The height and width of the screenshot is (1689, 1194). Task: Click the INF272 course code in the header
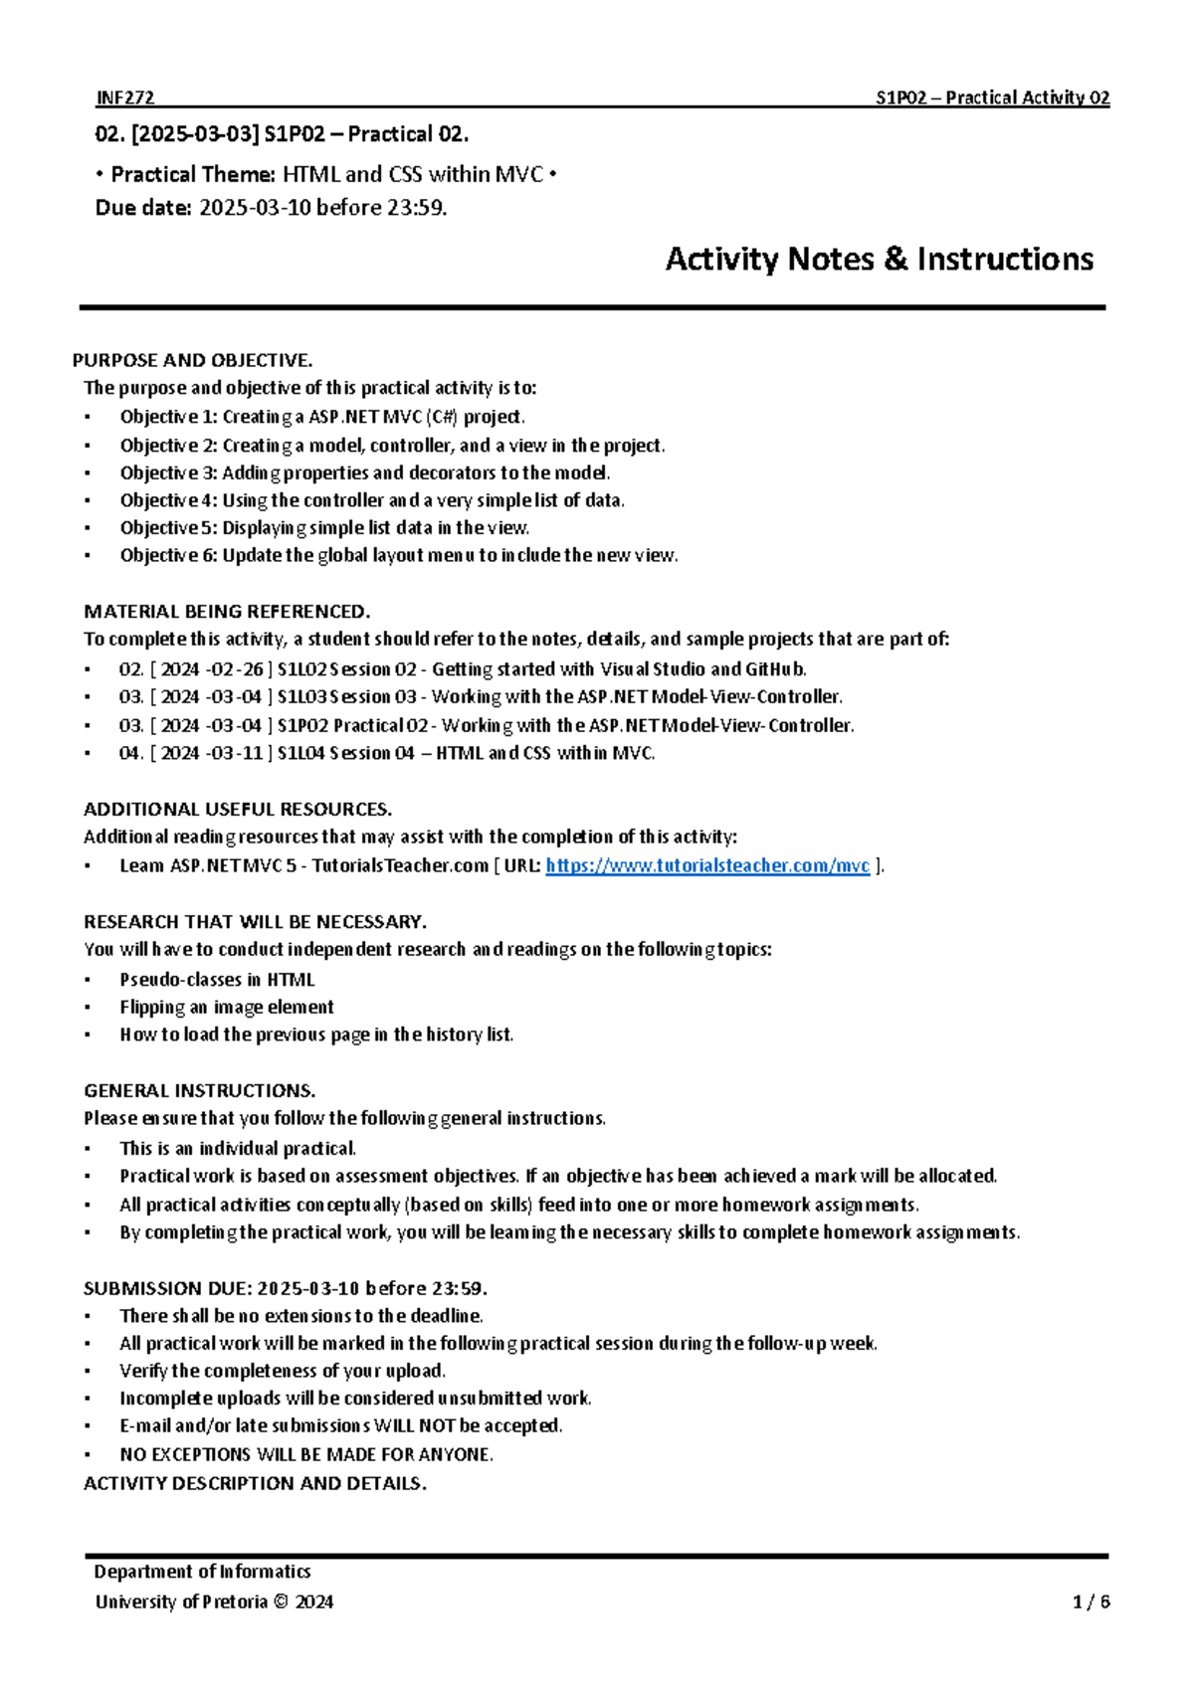[x=124, y=97]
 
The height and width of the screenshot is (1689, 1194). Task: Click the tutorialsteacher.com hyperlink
[x=707, y=865]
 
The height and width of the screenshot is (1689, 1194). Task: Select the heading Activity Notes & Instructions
[x=879, y=260]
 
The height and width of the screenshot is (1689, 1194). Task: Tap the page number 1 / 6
[x=1092, y=1601]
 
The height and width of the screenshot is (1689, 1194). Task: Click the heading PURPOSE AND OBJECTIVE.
[x=192, y=360]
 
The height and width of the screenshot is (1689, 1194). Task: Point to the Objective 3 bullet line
[x=364, y=472]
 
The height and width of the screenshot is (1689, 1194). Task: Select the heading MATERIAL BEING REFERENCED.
[x=227, y=611]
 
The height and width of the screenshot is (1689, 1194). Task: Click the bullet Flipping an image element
[x=226, y=1007]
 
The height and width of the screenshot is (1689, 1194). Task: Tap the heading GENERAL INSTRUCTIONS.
[x=199, y=1090]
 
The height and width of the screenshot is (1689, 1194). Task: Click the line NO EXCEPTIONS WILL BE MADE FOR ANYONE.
[x=305, y=1454]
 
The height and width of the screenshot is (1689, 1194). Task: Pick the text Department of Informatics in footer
[x=202, y=1572]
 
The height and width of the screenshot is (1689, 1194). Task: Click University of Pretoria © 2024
[x=214, y=1601]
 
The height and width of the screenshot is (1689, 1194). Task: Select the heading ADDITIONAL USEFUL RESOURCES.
[x=238, y=809]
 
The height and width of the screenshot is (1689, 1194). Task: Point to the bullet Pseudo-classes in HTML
[x=217, y=979]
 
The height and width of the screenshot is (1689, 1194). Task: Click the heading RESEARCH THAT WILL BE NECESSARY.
[x=255, y=921]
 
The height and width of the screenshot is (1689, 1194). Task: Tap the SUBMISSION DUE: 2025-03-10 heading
[x=285, y=1288]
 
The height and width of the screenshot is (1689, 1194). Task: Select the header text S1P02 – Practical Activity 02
[x=992, y=97]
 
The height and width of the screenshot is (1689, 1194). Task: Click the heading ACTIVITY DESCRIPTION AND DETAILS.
[x=255, y=1483]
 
